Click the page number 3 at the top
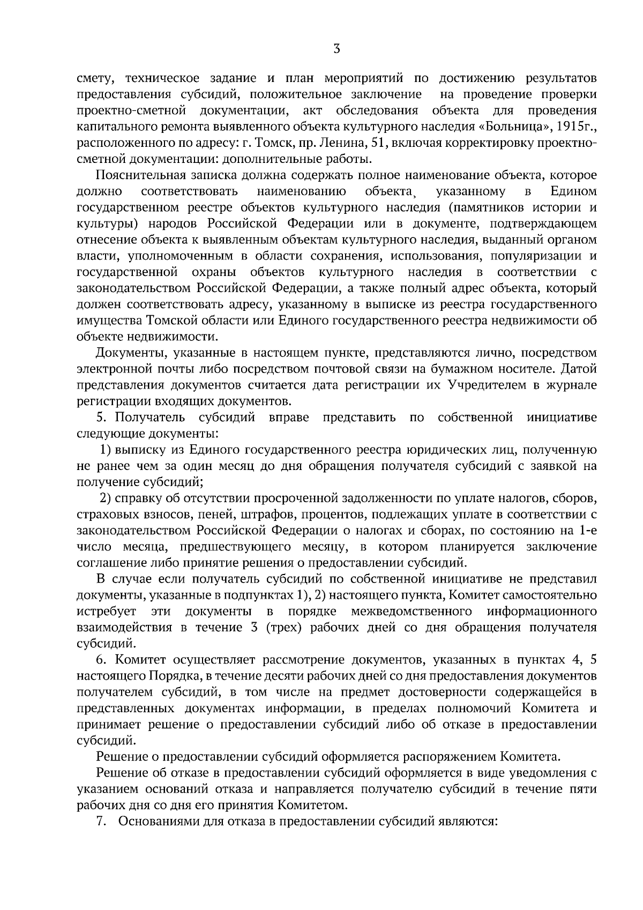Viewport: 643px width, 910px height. [337, 49]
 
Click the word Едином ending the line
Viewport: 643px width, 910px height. [573, 192]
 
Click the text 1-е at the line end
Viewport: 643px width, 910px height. [586, 531]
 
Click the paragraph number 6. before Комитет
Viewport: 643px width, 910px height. [103, 660]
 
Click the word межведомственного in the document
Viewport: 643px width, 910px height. [412, 611]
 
